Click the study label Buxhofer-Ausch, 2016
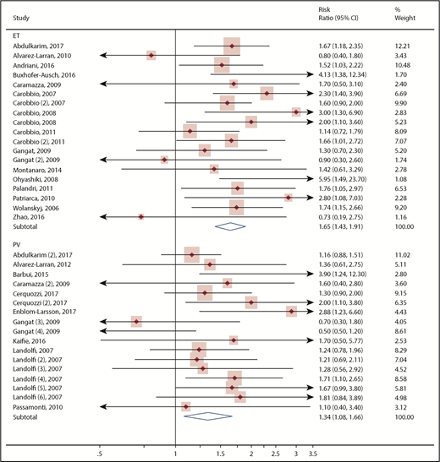click(x=49, y=75)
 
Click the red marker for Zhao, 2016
click(x=141, y=217)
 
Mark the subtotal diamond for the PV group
click(x=207, y=416)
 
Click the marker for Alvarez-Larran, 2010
click(x=151, y=55)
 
